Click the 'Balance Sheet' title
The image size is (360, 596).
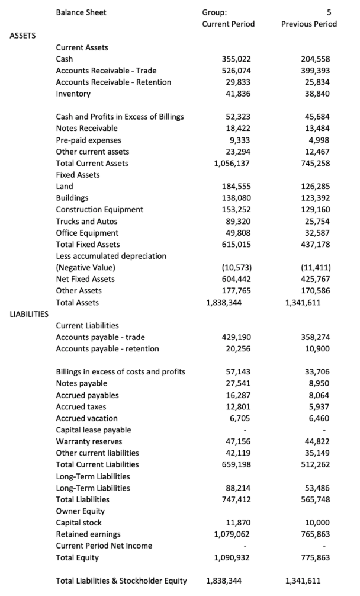[x=82, y=12]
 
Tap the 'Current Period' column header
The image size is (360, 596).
[x=229, y=24]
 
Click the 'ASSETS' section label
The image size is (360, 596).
[x=23, y=36]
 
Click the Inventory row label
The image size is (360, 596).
[x=73, y=94]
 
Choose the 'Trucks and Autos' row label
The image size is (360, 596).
[x=86, y=221]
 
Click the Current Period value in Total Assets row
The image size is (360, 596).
[x=223, y=302]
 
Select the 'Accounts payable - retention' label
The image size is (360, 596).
[x=107, y=348]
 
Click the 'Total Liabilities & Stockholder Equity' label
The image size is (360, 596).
[x=121, y=581]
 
